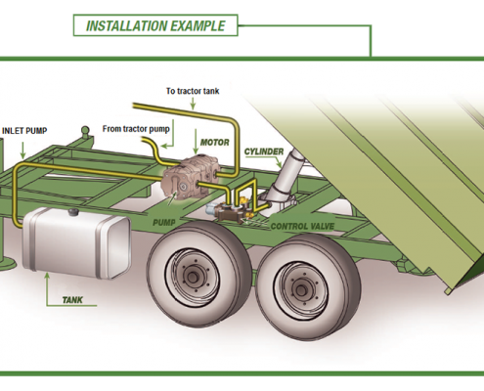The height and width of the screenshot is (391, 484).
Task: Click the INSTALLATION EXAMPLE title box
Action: [x=155, y=25]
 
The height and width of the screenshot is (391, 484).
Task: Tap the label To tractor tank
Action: [x=193, y=91]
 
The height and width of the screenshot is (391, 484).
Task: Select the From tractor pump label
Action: [x=136, y=129]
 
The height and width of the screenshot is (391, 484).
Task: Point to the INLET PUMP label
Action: [x=24, y=131]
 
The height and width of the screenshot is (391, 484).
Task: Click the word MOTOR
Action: [x=214, y=143]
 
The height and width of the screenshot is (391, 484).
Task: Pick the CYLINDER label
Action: [x=264, y=152]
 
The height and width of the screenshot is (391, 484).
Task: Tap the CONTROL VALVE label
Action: [x=302, y=226]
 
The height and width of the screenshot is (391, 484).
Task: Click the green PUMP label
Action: [x=164, y=223]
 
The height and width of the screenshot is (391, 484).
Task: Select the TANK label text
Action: [x=72, y=300]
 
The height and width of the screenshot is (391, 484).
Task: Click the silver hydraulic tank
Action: [x=77, y=242]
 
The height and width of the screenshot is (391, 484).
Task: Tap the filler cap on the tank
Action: [x=73, y=212]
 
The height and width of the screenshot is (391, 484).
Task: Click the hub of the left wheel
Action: [x=193, y=277]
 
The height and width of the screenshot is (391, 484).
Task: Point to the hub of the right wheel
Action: [x=301, y=289]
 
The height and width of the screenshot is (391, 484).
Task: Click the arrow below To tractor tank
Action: [x=193, y=104]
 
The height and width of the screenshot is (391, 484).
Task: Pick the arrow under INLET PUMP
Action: [x=22, y=151]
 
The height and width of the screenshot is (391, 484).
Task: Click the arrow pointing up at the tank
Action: [x=48, y=286]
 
